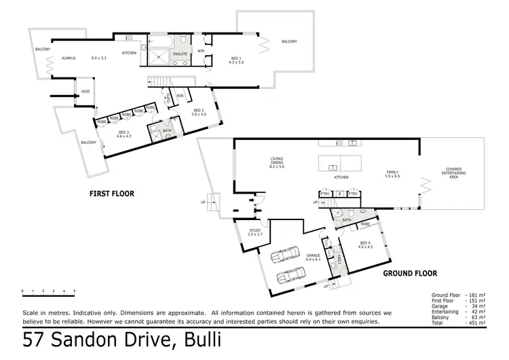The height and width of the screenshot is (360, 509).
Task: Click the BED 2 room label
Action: click(198, 111)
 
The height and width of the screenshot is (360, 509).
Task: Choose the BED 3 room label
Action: click(124, 132)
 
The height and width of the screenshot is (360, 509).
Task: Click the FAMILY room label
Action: click(393, 173)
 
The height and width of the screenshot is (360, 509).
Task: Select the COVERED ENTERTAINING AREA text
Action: click(455, 173)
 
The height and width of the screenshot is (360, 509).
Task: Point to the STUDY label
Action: click(255, 231)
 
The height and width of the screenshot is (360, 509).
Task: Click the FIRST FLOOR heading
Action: click(112, 194)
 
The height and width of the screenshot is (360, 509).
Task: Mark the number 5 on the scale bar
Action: click(74, 291)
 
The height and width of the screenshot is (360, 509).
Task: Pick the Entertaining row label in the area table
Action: click(446, 311)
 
